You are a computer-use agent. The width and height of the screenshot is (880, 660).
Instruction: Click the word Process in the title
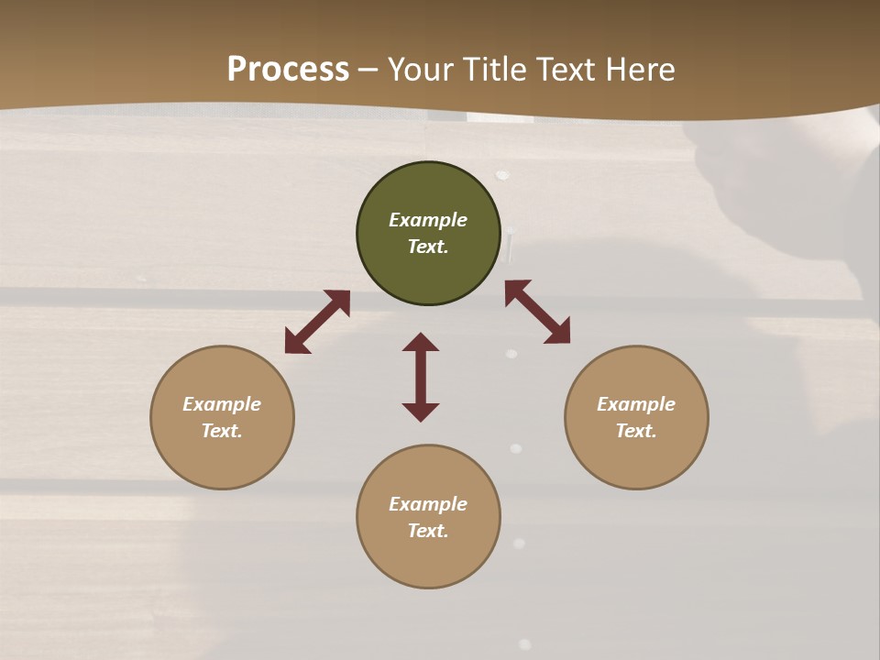pos(288,70)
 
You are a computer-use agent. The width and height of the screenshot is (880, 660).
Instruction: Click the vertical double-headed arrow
pos(421,377)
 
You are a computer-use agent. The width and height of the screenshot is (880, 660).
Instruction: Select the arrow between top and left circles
pos(317,322)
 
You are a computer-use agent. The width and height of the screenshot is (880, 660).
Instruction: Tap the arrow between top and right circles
pos(537,312)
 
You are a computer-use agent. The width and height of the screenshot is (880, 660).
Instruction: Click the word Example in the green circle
pos(428,220)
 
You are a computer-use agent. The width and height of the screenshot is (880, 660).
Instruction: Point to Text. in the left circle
pos(222,431)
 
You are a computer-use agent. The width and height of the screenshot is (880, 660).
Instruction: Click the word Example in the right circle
pos(636,404)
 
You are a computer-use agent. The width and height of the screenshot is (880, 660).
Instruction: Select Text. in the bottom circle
pos(428,531)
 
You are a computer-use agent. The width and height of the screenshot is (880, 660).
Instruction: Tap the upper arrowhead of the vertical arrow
pos(421,342)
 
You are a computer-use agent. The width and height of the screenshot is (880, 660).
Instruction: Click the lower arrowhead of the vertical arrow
pos(421,412)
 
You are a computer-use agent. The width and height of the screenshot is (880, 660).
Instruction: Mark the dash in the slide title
pos(368,70)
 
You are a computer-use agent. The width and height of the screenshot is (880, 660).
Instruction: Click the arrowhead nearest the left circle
pos(296,343)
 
